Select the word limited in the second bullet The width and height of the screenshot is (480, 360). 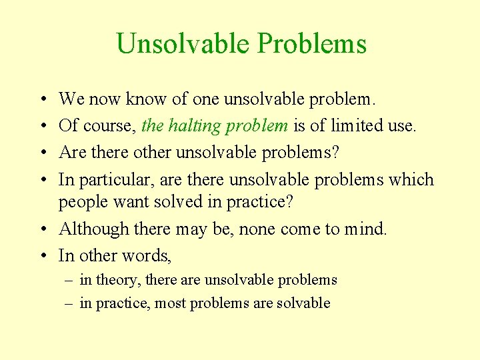coord(356,126)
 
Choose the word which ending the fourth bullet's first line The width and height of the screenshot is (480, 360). coord(411,180)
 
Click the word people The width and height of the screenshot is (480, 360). coord(81,201)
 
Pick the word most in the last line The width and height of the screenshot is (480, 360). coord(171,303)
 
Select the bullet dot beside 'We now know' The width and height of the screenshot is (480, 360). coord(43,100)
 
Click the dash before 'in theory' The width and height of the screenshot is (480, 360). coord(67,280)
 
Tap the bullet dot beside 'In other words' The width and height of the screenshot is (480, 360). coord(43,256)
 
